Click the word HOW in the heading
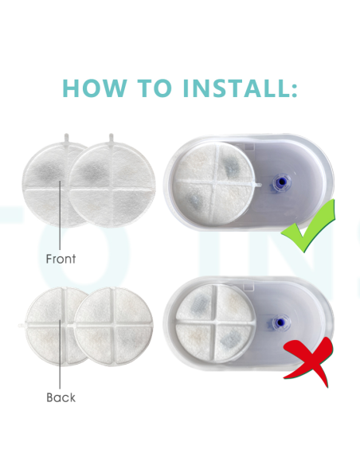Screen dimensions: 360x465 94,88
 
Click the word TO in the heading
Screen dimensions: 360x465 155,88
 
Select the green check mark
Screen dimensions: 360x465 308,226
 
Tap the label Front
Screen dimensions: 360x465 61,259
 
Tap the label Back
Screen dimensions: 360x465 61,397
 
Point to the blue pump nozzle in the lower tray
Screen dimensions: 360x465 280,322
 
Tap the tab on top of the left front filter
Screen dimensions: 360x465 66,138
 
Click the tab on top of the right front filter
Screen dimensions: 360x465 112,138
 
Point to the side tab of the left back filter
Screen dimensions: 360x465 22,326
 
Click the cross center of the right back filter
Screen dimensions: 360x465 113,325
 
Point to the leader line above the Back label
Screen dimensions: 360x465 60,354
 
